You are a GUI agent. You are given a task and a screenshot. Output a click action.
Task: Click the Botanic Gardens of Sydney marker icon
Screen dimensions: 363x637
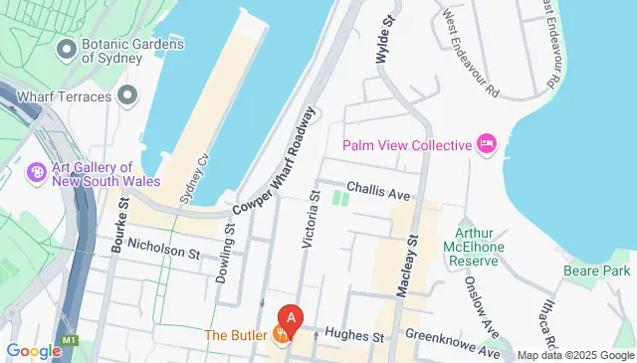pos(68,48)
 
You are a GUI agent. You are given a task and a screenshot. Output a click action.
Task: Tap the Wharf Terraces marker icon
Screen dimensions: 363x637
pos(126,95)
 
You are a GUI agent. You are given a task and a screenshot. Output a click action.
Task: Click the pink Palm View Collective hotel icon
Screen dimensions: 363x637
pos(487,145)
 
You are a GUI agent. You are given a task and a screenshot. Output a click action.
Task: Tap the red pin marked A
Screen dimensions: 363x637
pos(290,320)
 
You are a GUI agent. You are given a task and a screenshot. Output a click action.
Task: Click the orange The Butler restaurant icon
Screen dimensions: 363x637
pos(282,335)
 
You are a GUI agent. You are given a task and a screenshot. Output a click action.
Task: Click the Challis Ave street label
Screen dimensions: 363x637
pos(379,188)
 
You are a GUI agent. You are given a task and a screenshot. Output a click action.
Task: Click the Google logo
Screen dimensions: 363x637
pos(33,350)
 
